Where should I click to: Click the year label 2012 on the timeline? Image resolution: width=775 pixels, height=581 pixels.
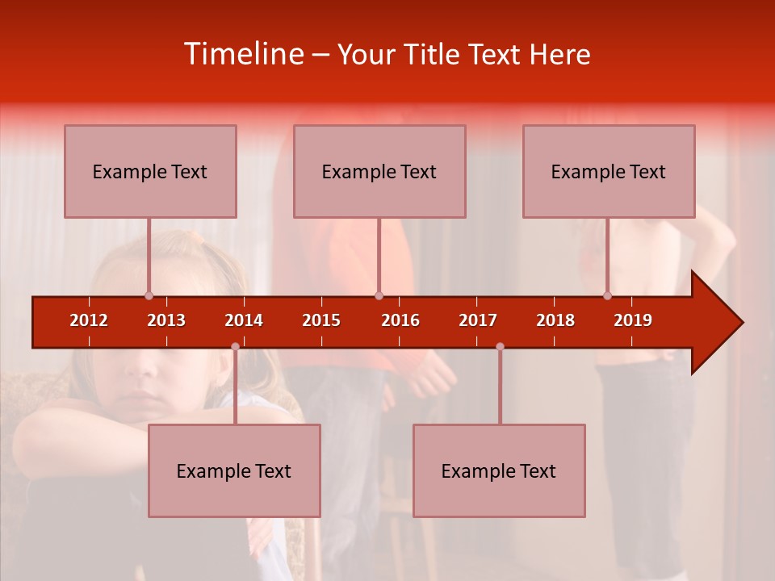point(89,320)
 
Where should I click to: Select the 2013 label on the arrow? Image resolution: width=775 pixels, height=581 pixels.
point(166,320)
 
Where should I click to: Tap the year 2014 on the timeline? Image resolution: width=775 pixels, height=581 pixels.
point(244,320)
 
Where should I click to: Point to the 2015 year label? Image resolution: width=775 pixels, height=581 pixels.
point(321,320)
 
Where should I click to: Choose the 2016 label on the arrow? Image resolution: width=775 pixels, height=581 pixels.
point(400,320)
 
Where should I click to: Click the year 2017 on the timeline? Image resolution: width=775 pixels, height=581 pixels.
point(478,320)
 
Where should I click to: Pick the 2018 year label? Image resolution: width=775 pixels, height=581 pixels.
point(555,320)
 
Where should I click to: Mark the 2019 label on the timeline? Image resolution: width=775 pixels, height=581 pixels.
point(633,320)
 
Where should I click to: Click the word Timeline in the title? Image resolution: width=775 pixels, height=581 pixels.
point(242,54)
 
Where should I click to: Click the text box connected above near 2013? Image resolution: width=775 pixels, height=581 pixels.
point(150,171)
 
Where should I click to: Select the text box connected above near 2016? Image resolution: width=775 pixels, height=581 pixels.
point(379,171)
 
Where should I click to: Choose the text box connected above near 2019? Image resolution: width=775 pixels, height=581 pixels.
point(609,171)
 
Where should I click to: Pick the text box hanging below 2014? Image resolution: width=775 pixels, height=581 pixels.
point(234,470)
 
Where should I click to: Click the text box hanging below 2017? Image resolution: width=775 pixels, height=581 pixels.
point(499,470)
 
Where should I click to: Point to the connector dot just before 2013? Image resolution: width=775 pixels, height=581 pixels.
point(149,295)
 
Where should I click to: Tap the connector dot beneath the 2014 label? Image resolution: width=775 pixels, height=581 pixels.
point(235,347)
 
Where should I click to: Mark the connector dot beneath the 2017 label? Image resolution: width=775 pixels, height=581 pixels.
point(500,347)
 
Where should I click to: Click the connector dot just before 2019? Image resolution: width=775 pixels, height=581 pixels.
point(607,295)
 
